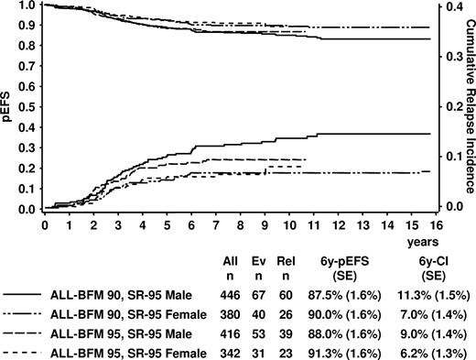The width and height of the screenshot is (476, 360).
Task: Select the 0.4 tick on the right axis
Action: [447, 5]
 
